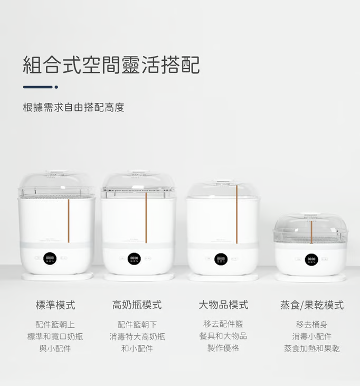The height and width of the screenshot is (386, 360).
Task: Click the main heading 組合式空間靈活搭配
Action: click(x=111, y=65)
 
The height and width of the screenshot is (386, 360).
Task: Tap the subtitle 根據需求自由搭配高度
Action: click(x=73, y=107)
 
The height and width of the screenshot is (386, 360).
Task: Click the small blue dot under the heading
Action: click(x=56, y=87)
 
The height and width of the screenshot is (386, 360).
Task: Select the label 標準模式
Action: click(x=55, y=305)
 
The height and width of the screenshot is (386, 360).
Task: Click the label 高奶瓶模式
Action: click(x=137, y=305)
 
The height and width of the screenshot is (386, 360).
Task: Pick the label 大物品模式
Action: click(x=223, y=305)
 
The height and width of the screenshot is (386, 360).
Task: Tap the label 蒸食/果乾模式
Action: click(x=312, y=305)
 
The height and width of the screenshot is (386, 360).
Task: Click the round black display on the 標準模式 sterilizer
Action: click(x=50, y=259)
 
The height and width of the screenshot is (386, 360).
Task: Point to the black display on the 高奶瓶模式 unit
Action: click(x=134, y=259)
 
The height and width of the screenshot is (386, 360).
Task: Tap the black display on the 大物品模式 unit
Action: click(x=221, y=259)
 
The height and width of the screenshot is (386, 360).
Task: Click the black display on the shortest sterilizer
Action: click(x=311, y=259)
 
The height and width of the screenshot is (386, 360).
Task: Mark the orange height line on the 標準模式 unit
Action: click(x=69, y=221)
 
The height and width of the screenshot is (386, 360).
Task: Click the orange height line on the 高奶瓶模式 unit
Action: click(x=146, y=218)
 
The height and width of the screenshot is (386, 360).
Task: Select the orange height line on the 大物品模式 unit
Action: click(x=236, y=214)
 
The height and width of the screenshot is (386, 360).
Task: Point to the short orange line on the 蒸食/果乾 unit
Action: click(x=311, y=232)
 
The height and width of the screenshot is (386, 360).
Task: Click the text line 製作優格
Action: click(x=223, y=348)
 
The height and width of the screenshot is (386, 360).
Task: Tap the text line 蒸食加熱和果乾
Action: click(x=312, y=349)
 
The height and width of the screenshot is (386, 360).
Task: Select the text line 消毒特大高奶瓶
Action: click(x=137, y=336)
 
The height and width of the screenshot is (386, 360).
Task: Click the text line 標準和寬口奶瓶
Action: click(x=55, y=336)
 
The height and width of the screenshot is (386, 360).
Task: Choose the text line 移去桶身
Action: click(x=312, y=324)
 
